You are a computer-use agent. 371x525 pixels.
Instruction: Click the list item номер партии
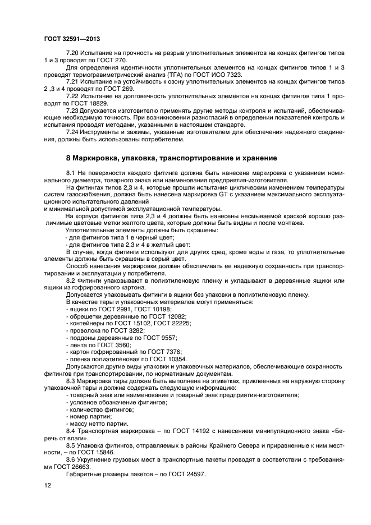(89, 416)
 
